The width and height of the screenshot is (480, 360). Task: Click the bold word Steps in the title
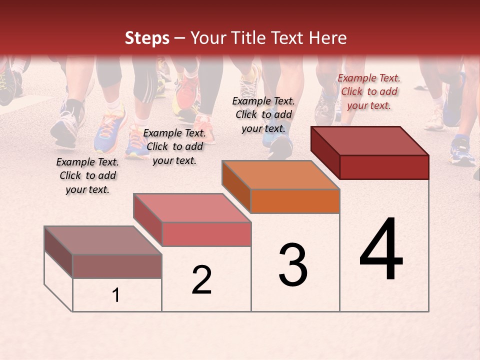coord(147,38)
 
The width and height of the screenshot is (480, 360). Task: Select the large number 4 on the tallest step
coord(381,250)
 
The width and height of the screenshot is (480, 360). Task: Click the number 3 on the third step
coord(293,265)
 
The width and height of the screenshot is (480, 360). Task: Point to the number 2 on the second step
coord(202,280)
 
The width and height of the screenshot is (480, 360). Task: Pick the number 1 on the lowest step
coord(116,295)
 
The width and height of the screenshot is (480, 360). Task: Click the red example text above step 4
coord(369,91)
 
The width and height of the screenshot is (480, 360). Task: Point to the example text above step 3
coord(263,114)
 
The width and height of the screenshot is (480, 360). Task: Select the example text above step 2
coord(174,146)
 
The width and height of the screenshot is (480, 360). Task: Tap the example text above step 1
coord(87,175)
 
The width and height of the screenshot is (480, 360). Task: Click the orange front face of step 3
coord(295,201)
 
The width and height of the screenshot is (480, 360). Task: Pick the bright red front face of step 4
coord(384,167)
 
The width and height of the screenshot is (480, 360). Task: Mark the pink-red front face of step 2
coord(206,234)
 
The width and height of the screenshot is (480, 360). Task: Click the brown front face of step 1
coord(117,266)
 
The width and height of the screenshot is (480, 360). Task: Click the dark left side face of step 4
coord(325,152)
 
